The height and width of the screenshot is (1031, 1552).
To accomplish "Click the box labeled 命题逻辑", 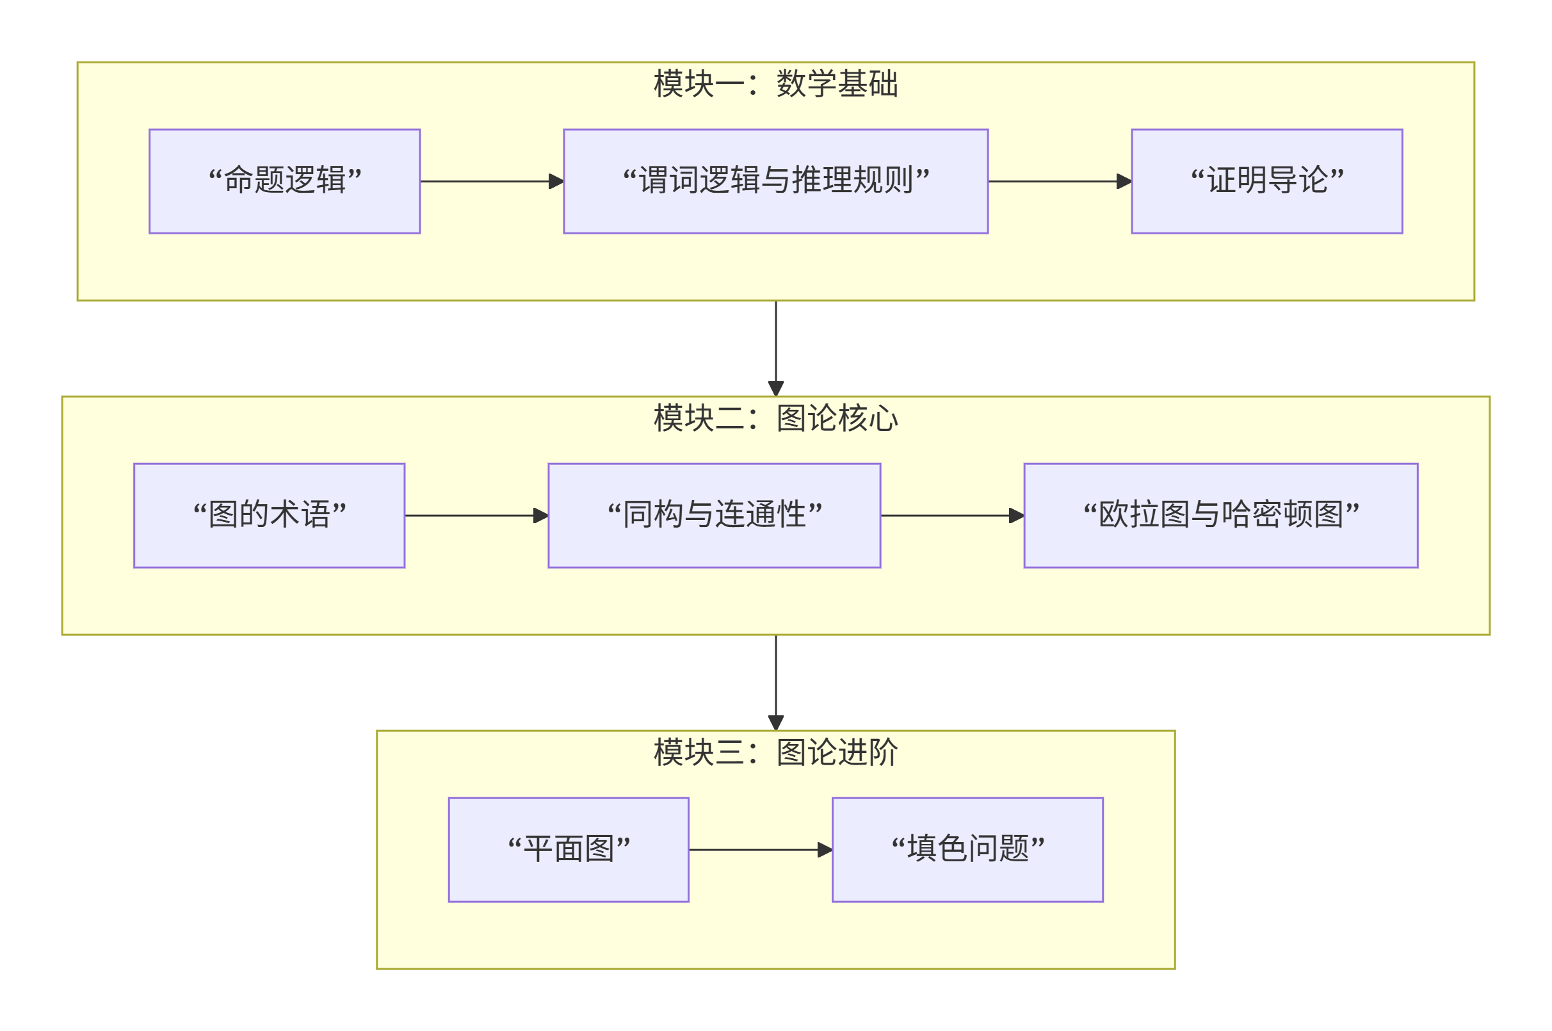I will (284, 181).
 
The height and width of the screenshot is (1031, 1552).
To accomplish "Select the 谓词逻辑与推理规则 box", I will (775, 181).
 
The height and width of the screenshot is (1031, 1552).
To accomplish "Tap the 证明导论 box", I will (1266, 181).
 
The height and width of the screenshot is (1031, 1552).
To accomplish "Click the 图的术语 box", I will (269, 515).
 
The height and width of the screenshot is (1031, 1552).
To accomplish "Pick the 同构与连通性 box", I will (714, 515).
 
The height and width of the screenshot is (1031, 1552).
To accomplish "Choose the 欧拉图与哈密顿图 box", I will (1220, 515).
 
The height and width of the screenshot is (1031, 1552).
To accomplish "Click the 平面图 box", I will (568, 850).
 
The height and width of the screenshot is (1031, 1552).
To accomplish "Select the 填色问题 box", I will (967, 850).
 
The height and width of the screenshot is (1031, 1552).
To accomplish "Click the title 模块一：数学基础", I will (775, 84).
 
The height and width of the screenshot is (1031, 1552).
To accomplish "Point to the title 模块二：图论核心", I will (775, 418).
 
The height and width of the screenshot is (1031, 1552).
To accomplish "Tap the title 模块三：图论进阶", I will (775, 752).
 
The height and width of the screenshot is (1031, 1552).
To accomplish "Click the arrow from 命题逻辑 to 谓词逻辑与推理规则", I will (490, 181).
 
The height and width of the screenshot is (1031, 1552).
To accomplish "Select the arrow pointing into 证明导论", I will (1058, 181).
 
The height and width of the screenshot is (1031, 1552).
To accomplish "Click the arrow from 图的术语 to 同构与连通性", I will (475, 515).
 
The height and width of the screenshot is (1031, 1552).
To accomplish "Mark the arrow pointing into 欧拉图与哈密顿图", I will (951, 515).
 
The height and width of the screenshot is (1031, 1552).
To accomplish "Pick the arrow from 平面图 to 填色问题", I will (759, 850).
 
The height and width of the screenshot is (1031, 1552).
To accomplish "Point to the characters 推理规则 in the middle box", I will (852, 181).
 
